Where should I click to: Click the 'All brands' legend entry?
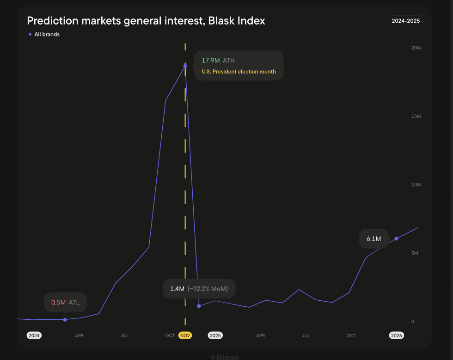click(47, 34)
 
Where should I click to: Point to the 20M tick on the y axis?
click(416, 48)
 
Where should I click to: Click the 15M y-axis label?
click(416, 117)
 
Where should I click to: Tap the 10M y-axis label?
click(416, 185)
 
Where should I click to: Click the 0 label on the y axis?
click(413, 322)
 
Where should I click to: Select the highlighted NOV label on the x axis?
click(185, 335)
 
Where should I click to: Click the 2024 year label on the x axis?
click(34, 335)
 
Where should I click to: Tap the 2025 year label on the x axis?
click(215, 335)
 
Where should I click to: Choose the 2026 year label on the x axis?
click(396, 335)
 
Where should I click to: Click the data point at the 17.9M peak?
click(185, 66)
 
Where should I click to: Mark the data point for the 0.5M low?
click(65, 320)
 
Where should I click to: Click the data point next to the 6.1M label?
click(396, 238)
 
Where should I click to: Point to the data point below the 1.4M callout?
click(199, 306)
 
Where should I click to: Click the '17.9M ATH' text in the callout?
click(218, 61)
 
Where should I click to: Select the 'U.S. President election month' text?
click(239, 72)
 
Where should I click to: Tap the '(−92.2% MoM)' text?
click(208, 289)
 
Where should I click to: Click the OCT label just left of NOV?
click(170, 335)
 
